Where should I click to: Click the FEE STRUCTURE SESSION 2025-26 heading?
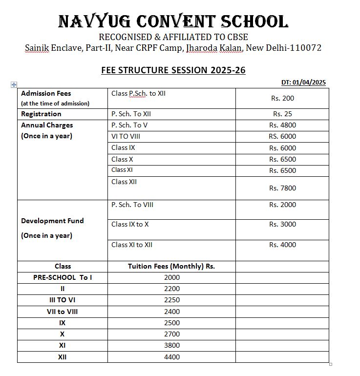[x=173, y=70]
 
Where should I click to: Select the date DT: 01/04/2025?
[x=303, y=82]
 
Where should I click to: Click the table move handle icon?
[x=14, y=84]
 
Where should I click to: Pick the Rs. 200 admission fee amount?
[x=282, y=98]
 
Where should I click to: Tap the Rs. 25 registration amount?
[x=282, y=114]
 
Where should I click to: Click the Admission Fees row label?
[x=46, y=93]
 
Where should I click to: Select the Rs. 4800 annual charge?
[x=282, y=125]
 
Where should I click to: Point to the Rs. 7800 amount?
[x=282, y=188]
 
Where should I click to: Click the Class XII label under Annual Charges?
[x=124, y=182]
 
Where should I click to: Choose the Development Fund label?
[x=52, y=221]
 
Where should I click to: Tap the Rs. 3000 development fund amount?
[x=282, y=225]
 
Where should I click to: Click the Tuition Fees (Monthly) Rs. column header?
[x=171, y=267]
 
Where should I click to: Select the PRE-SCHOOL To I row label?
[x=63, y=277]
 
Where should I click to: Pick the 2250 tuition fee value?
[x=172, y=300]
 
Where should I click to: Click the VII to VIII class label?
[x=63, y=312]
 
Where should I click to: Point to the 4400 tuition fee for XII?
[x=172, y=357]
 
